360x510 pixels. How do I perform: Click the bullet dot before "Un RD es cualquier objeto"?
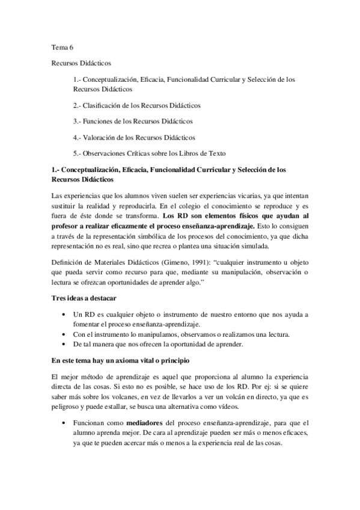click(x=64, y=315)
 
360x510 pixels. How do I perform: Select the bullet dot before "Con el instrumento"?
click(x=64, y=334)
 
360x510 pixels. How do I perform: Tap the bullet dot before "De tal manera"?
click(x=64, y=344)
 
